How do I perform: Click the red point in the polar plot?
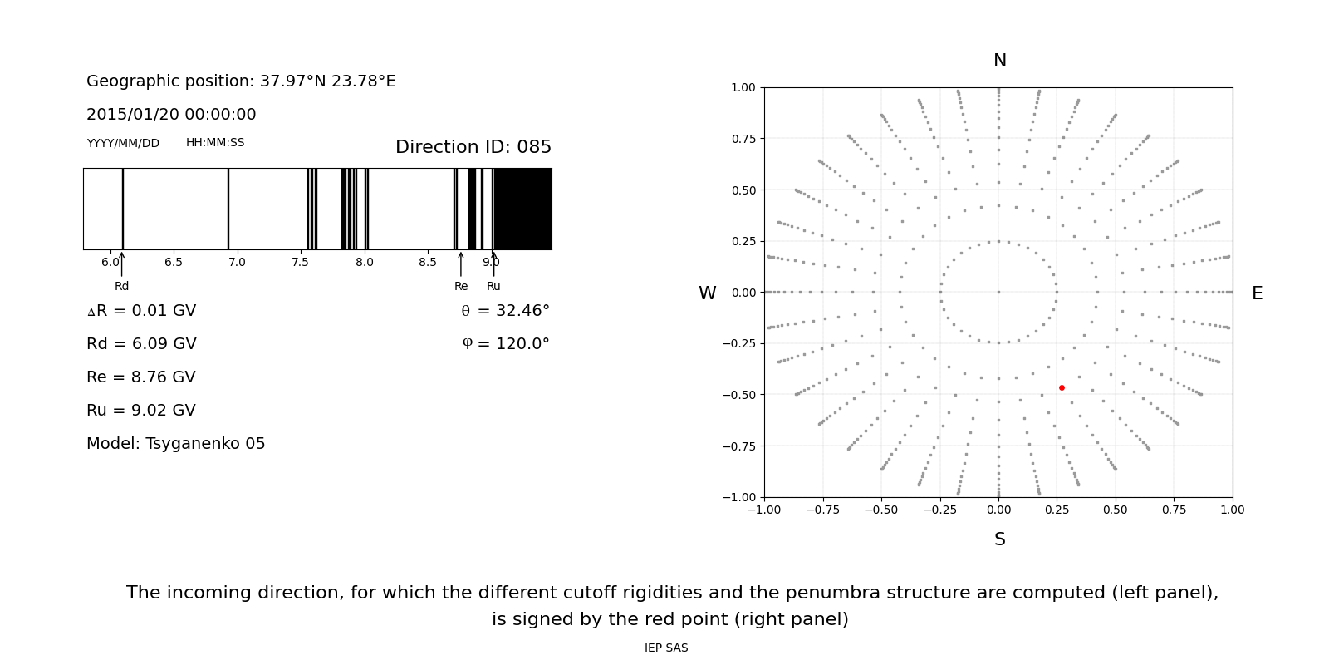click(x=1062, y=387)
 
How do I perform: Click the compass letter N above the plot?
click(x=999, y=61)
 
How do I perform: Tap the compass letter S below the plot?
click(x=999, y=539)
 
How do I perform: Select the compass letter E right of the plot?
click(x=1257, y=293)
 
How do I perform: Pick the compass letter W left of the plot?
click(x=707, y=293)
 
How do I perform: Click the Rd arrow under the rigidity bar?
click(x=121, y=264)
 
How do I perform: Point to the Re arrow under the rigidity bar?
click(x=461, y=264)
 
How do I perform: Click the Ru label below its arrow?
click(x=493, y=287)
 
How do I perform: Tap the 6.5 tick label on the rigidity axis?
click(x=173, y=263)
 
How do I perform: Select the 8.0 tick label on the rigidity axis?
click(x=364, y=263)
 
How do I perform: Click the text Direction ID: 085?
click(x=473, y=147)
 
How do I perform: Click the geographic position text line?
click(x=241, y=81)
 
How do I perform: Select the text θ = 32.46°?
click(x=505, y=311)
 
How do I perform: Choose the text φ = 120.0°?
click(x=505, y=344)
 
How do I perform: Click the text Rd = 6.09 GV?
click(x=141, y=344)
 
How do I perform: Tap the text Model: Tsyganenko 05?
click(x=176, y=444)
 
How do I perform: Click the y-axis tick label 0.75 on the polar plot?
click(x=743, y=139)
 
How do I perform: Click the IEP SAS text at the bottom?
click(x=666, y=648)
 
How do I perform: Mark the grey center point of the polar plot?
click(x=998, y=292)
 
